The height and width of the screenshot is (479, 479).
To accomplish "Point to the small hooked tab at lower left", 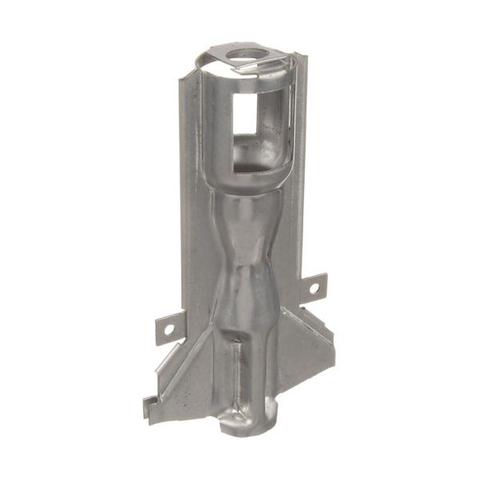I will coord(149,407).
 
